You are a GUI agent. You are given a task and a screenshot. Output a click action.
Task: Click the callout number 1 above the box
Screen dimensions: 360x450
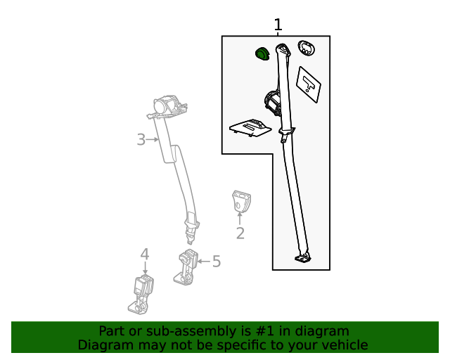click(278, 25)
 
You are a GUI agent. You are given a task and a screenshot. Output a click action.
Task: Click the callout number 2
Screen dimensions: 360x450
click(240, 233)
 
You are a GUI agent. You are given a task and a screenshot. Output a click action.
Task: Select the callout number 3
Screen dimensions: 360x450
click(141, 140)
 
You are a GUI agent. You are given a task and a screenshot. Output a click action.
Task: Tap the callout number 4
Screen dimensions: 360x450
click(145, 254)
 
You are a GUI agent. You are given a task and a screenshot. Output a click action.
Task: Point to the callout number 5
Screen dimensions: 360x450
click(217, 262)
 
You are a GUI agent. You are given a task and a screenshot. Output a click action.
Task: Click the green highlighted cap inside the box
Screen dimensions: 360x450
click(262, 53)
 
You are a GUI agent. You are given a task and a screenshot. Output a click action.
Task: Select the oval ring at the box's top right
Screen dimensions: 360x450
click(306, 48)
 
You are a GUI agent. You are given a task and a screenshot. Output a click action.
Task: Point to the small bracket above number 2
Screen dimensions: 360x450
click(240, 200)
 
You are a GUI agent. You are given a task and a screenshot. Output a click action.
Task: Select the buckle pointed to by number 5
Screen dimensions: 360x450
click(187, 266)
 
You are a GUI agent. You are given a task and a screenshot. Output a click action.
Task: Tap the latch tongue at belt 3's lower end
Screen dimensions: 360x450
click(191, 226)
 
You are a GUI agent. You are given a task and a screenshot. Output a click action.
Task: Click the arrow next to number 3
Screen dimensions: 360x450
click(153, 140)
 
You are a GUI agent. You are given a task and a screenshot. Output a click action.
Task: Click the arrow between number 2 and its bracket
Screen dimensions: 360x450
click(240, 218)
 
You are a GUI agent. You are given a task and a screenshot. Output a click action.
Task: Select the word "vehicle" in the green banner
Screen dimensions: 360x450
click(345, 345)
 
